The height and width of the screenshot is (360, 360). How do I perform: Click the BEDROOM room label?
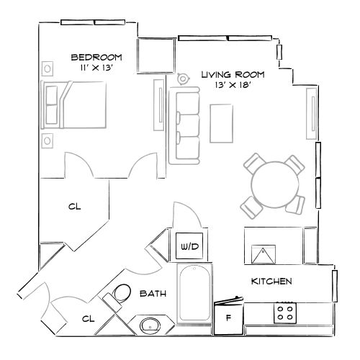[x=96, y=57]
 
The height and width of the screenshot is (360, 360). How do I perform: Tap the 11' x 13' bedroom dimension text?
[x=96, y=67]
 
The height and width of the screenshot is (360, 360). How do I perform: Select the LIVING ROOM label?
[x=232, y=75]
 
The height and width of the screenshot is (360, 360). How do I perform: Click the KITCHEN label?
[x=271, y=281]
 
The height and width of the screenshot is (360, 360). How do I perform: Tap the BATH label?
[x=153, y=294]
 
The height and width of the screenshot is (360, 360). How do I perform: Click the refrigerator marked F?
[x=229, y=316]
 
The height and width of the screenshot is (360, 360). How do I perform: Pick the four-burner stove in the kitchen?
[x=285, y=313]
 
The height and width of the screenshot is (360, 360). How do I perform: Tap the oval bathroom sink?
[x=151, y=325]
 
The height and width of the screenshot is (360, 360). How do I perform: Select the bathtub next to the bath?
[x=194, y=295]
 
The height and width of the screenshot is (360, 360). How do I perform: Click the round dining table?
[x=274, y=184]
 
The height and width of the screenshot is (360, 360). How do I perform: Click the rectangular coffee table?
[x=220, y=123]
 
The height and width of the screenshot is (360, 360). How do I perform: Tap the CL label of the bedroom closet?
[x=74, y=207]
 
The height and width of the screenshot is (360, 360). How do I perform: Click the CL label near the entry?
[x=88, y=318]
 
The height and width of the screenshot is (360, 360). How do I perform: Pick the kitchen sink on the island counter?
[x=264, y=254]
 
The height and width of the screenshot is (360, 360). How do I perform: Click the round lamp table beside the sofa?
[x=183, y=78]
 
